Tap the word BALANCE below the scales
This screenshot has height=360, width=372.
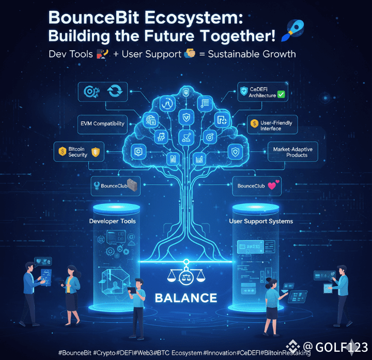coord(185,298)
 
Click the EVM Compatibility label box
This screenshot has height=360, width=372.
coord(102,123)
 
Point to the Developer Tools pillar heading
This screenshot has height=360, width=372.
coord(112,221)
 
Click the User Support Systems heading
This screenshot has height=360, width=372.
coord(261,221)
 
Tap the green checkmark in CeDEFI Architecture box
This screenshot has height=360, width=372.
coord(281,95)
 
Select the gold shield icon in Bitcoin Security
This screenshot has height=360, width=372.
coord(95,152)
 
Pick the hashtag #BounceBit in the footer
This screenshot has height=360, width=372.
coord(75,352)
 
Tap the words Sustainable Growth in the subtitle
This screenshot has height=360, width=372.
coord(252,53)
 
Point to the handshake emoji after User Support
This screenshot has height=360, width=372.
coord(189,53)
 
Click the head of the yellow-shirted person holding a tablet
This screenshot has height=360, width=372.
coord(138,283)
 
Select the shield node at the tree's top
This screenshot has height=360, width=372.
coord(185,93)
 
